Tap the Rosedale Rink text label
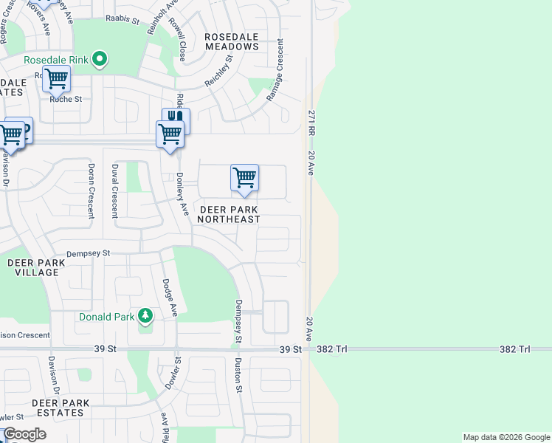pos(58,60)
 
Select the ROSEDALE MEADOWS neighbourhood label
pos(232,41)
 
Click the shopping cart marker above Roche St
pos(56,78)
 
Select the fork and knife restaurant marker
pos(176,118)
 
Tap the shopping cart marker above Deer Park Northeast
pos(244,177)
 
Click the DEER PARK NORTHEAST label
pos(230,215)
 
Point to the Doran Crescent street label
pos(92,191)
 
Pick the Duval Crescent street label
pos(114,191)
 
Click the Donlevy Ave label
pos(180,196)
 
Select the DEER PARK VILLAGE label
pos(32,267)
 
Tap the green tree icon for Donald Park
pos(146,316)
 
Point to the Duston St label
pos(238,375)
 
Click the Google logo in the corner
pos(25,435)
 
